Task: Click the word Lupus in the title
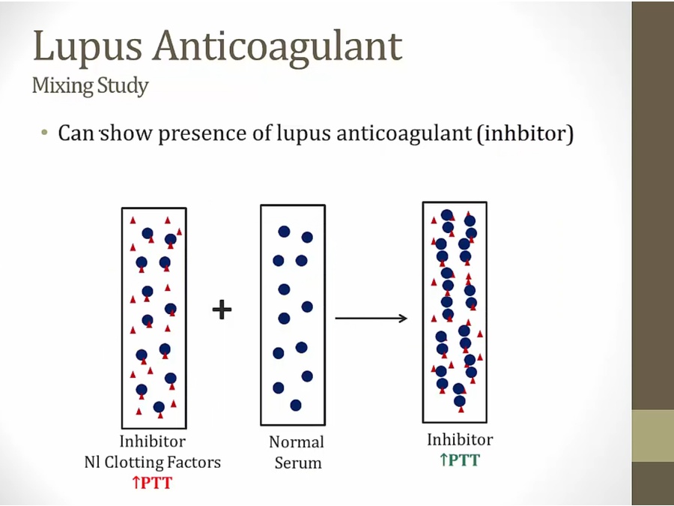tap(85, 46)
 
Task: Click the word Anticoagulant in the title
tap(278, 46)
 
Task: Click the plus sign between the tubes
tap(222, 309)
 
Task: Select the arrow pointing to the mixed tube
tap(371, 319)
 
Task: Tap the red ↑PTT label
tap(152, 483)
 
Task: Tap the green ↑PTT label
tap(459, 460)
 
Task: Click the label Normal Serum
tap(297, 452)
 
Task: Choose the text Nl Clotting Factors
tap(152, 462)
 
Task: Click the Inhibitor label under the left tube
tap(152, 442)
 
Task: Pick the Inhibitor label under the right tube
tap(460, 439)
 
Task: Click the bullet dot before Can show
tap(44, 133)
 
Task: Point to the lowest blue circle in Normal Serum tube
tap(296, 405)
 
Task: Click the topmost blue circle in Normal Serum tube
tap(284, 232)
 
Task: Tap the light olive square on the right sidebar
tap(652, 436)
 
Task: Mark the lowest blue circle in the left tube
tap(159, 407)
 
